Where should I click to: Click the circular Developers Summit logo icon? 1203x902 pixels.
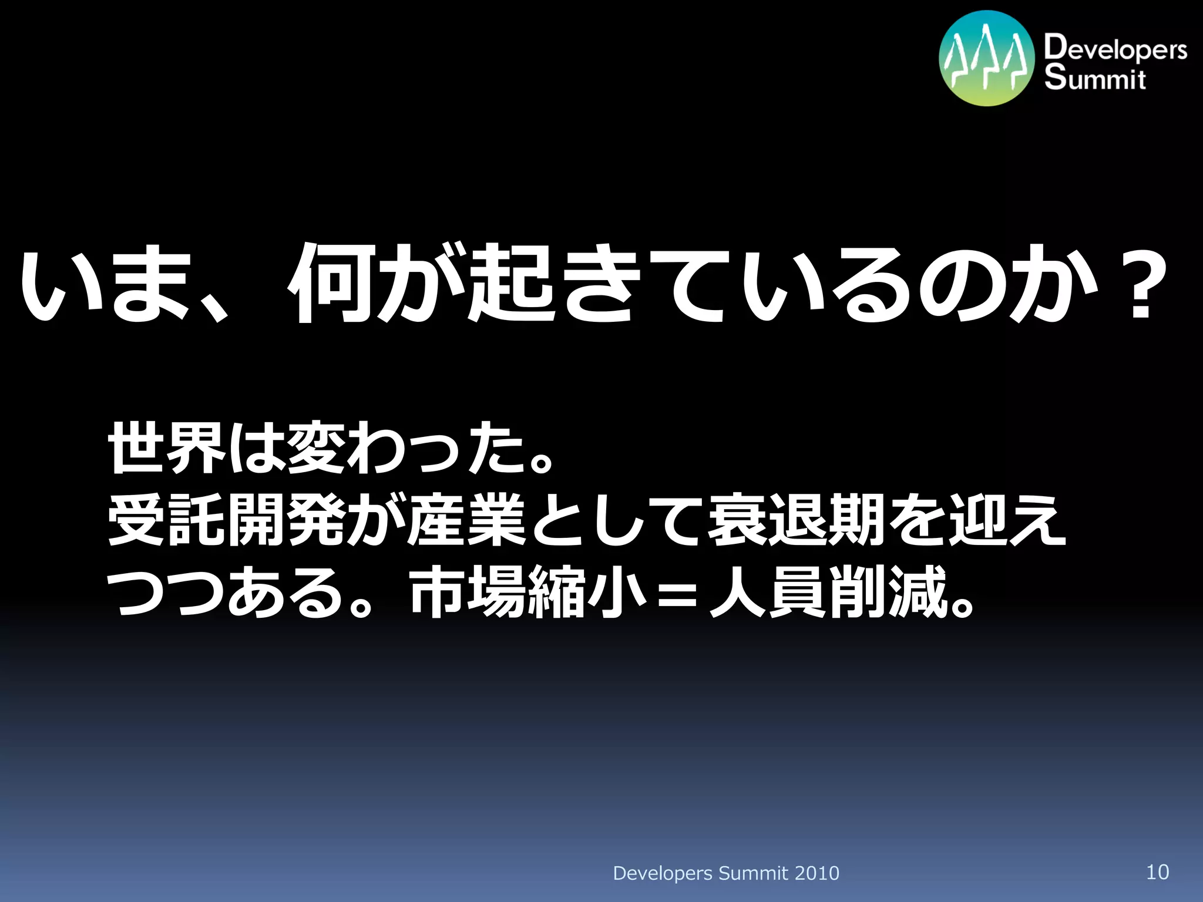[x=986, y=59]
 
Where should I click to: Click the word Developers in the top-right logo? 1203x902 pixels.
[x=1115, y=48]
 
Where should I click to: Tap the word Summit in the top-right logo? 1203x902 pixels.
[x=1095, y=79]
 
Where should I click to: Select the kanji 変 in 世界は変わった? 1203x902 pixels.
[x=316, y=447]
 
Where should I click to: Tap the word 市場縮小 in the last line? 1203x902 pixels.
[x=527, y=592]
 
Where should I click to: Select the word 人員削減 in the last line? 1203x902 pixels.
[x=828, y=592]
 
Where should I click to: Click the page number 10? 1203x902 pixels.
[x=1157, y=872]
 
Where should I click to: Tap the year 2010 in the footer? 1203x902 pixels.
[x=816, y=873]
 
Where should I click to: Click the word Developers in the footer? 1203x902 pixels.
[x=663, y=874]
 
